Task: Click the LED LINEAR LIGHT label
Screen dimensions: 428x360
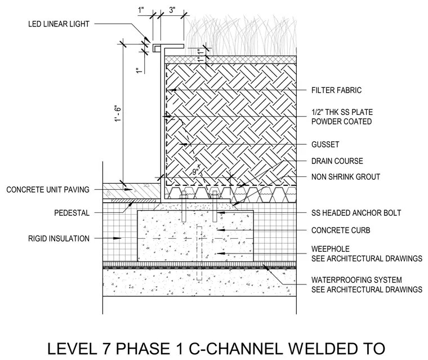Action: (59, 24)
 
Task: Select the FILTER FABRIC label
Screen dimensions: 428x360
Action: (336, 90)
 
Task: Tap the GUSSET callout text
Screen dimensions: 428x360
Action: (326, 144)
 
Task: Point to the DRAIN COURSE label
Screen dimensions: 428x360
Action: (337, 161)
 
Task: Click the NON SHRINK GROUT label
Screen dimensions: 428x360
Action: (346, 177)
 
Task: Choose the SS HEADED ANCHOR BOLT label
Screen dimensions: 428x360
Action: (356, 213)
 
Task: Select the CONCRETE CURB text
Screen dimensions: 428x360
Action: (341, 230)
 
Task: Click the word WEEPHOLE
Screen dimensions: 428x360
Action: (330, 249)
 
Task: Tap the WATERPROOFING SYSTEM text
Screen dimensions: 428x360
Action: (356, 280)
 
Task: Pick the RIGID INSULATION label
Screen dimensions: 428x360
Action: (59, 238)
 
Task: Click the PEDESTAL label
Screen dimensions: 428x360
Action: (72, 213)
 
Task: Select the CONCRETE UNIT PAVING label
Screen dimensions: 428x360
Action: (48, 189)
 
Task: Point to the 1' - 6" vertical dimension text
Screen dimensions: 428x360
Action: (118, 113)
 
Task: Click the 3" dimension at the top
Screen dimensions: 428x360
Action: (172, 10)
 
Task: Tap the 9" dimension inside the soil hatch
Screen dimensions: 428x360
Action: (195, 171)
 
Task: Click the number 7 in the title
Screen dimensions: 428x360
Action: (105, 349)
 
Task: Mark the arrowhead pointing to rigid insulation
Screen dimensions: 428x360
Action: (117, 238)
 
